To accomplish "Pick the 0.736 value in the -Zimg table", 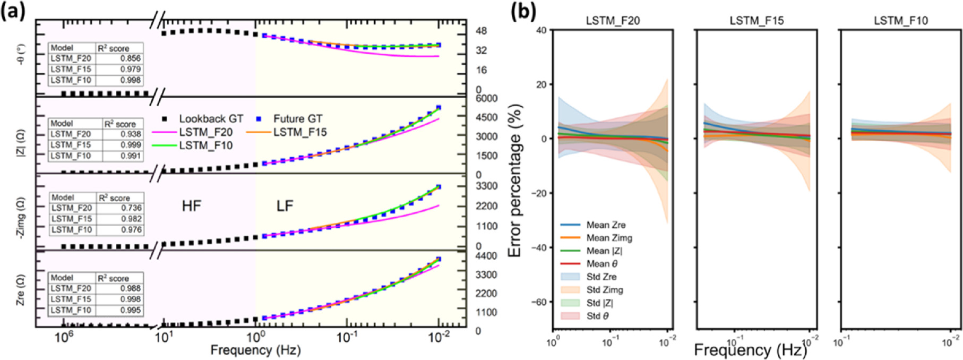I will click(x=131, y=208).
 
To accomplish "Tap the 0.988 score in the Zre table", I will click(x=130, y=288).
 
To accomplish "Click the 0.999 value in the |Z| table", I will click(x=130, y=145).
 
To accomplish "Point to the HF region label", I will click(x=192, y=206).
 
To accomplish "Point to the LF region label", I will click(x=285, y=206).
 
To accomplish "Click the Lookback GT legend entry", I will click(x=204, y=119).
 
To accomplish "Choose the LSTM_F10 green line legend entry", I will click(x=205, y=145).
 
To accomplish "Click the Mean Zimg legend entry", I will click(x=609, y=238).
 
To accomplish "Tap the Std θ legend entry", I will click(x=597, y=316).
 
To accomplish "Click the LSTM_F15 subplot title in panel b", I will click(x=756, y=21).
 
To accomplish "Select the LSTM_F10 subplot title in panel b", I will click(x=901, y=21).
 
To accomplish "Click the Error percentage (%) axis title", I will click(x=515, y=181).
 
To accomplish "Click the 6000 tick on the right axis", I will click(x=486, y=99).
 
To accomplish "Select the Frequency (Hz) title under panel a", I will click(x=255, y=350).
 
